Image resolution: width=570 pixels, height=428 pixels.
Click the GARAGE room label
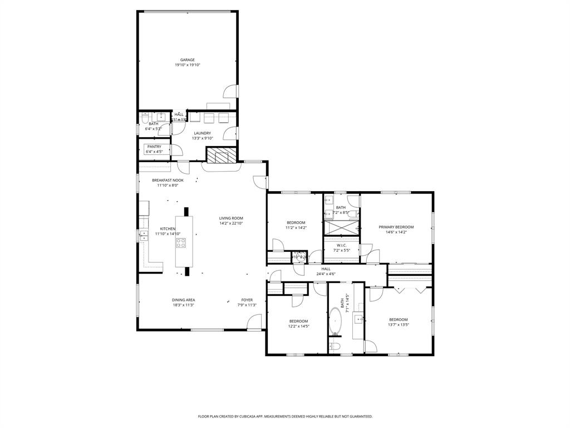tap(187, 60)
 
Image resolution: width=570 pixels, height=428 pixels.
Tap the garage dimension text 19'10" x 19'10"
tap(187, 65)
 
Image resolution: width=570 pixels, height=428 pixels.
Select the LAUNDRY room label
tap(202, 133)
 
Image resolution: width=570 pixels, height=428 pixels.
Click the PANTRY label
tap(154, 147)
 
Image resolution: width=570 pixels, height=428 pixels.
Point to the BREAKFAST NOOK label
tap(168, 180)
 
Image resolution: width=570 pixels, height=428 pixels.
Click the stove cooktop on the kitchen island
tap(181, 242)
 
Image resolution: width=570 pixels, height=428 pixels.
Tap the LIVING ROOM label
tap(231, 218)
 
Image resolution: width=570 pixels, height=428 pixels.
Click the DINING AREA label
tap(183, 300)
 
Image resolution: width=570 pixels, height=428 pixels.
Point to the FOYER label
tap(247, 300)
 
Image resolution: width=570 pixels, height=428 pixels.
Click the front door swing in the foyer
tap(255, 322)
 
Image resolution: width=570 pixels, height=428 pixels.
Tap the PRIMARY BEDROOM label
tap(396, 227)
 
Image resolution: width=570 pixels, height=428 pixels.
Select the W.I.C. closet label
tap(341, 245)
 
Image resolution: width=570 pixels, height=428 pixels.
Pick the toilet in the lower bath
tap(335, 347)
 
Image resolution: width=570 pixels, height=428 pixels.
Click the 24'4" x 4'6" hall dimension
tap(326, 274)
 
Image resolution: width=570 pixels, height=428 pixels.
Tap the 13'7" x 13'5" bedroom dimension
tap(399, 324)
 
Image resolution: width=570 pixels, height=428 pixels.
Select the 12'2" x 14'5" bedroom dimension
tap(298, 326)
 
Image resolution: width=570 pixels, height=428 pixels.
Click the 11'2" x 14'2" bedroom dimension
tap(296, 227)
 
